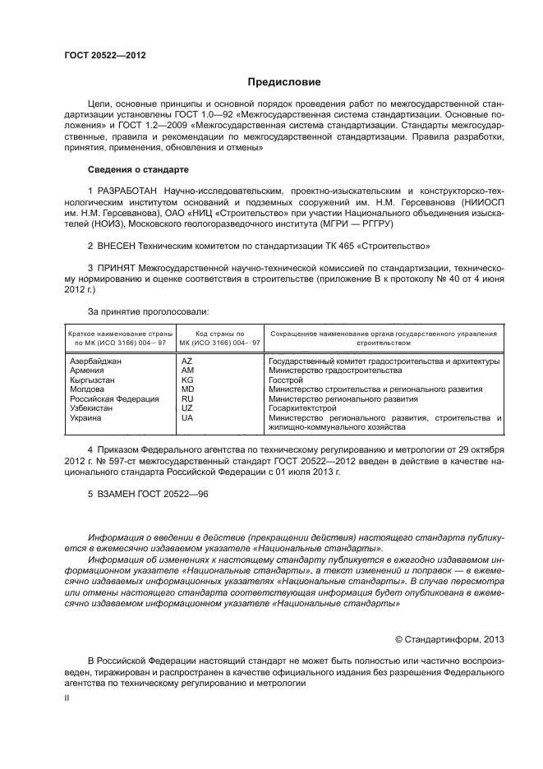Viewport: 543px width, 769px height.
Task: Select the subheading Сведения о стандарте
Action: (138, 169)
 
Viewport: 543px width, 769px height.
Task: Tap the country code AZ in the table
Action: (186, 361)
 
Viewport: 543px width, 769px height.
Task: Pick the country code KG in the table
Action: (186, 380)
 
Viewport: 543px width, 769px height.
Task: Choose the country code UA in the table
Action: (186, 417)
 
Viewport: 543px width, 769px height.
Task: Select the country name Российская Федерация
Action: (114, 398)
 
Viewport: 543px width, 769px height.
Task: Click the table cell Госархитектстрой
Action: (302, 408)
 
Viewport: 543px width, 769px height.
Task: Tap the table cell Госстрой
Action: (286, 380)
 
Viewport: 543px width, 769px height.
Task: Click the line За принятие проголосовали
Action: (148, 312)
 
